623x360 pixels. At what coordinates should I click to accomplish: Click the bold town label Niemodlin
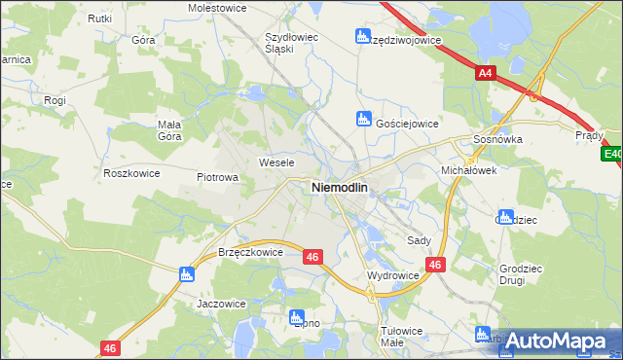[339, 187]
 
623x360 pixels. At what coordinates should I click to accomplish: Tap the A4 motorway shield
[486, 72]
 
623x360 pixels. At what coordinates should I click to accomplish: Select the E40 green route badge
[612, 154]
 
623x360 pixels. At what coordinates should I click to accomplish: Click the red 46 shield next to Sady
[435, 264]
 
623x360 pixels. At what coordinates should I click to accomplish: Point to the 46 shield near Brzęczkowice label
[311, 257]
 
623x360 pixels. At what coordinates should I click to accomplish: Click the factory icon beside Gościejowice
[363, 120]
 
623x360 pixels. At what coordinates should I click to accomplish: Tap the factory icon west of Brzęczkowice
[187, 274]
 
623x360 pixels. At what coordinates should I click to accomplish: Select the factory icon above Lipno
[297, 316]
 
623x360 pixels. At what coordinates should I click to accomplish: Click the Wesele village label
[275, 162]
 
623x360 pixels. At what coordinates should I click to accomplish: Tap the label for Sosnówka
[498, 140]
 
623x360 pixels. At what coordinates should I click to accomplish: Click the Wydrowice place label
[392, 276]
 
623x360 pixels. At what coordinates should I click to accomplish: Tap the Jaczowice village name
[221, 304]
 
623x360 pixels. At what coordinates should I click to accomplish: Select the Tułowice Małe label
[402, 337]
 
